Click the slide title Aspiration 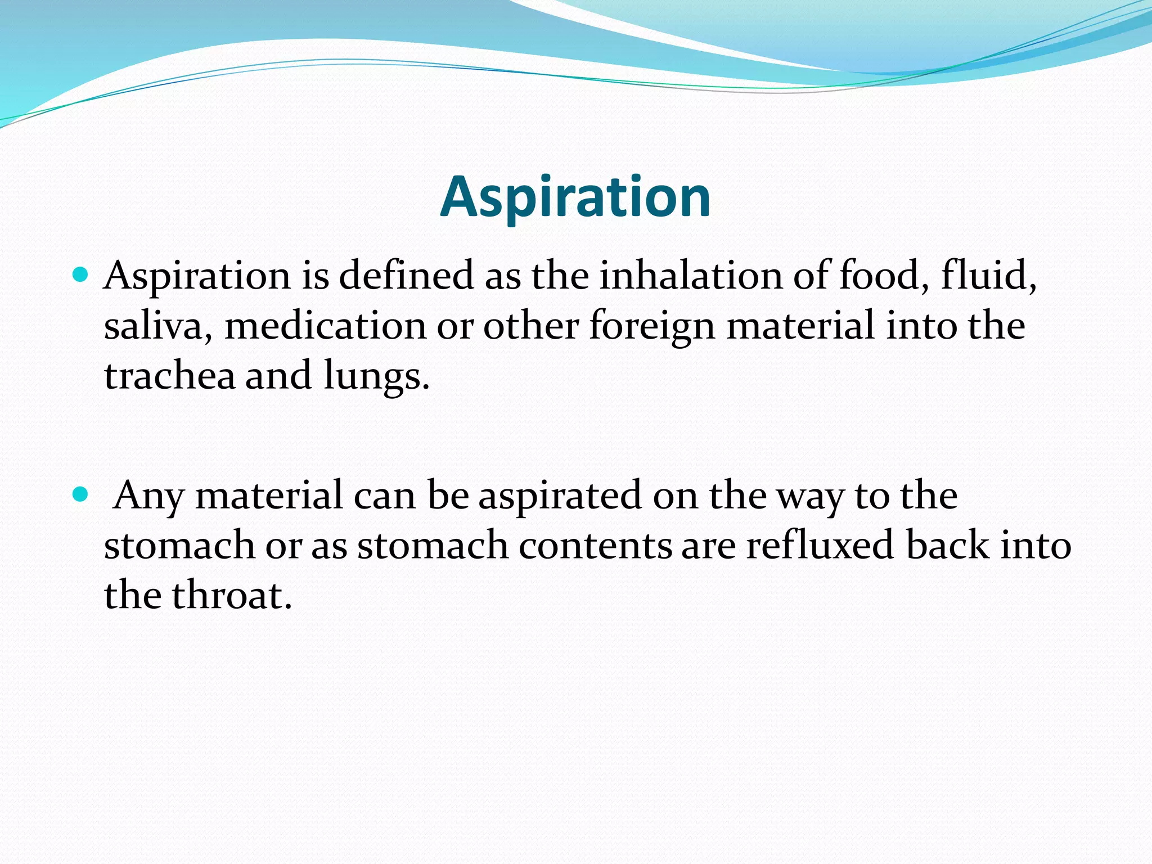click(575, 197)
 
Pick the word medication click(326, 326)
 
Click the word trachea click(169, 376)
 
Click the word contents click(595, 546)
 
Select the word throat click(231, 596)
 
